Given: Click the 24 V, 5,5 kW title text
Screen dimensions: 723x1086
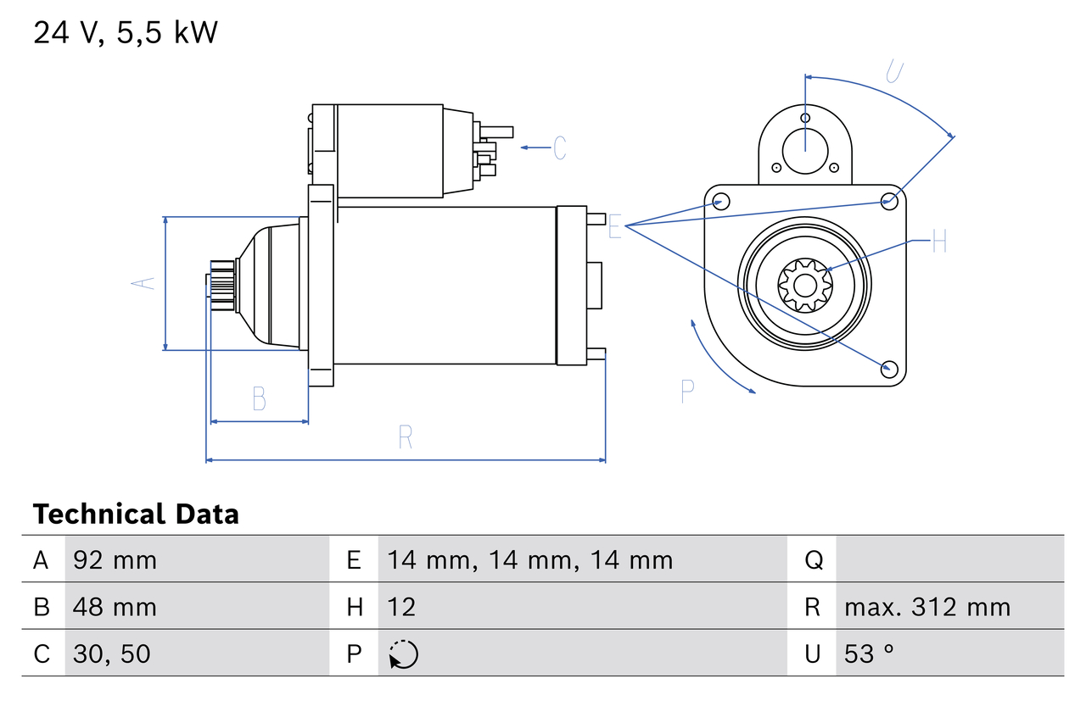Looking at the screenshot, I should tap(126, 33).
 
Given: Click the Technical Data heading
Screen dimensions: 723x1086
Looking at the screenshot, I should tap(136, 514).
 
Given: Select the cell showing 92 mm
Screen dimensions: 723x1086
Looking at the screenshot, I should tap(115, 559).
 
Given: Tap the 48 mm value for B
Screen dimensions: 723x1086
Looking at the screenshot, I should tap(115, 607).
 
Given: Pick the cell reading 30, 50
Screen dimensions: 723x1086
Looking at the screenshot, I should tap(112, 653).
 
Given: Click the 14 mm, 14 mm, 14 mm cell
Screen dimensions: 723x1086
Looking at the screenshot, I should tap(529, 559).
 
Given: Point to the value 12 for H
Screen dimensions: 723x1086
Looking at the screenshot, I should tap(401, 607).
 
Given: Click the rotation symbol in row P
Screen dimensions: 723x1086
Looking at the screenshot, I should tap(403, 654).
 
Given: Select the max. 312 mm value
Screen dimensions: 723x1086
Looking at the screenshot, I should tap(927, 607).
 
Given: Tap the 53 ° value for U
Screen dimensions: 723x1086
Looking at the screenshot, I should tap(870, 653).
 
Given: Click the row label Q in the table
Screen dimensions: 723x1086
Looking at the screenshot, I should tap(813, 559).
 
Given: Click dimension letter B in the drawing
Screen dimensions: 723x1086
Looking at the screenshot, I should tap(260, 398).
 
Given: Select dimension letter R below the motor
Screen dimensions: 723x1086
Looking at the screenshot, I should tap(406, 437).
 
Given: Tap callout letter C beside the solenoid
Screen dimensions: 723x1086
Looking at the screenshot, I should tap(560, 147).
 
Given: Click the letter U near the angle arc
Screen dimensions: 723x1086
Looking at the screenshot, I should tap(893, 71).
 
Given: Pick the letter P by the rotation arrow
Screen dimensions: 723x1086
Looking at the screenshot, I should tap(688, 391).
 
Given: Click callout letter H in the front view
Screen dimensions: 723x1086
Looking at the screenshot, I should tap(938, 242).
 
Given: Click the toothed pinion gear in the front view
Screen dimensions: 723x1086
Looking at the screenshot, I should tap(804, 285).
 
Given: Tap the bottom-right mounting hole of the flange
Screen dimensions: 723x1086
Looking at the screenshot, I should tap(888, 368).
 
